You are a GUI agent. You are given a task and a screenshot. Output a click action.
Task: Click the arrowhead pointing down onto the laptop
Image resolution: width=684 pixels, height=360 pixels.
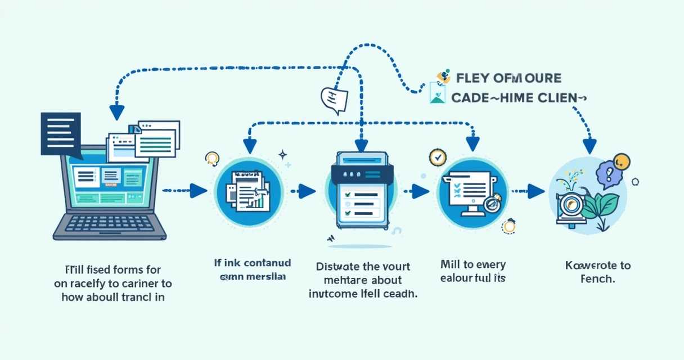(x=116, y=112)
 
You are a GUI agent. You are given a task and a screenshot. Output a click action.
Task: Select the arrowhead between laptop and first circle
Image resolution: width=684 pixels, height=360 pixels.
(x=198, y=191)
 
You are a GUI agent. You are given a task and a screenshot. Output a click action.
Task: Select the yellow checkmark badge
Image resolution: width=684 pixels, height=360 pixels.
(x=436, y=157)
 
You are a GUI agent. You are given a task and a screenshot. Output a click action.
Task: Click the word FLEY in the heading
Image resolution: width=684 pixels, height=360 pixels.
(x=470, y=78)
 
